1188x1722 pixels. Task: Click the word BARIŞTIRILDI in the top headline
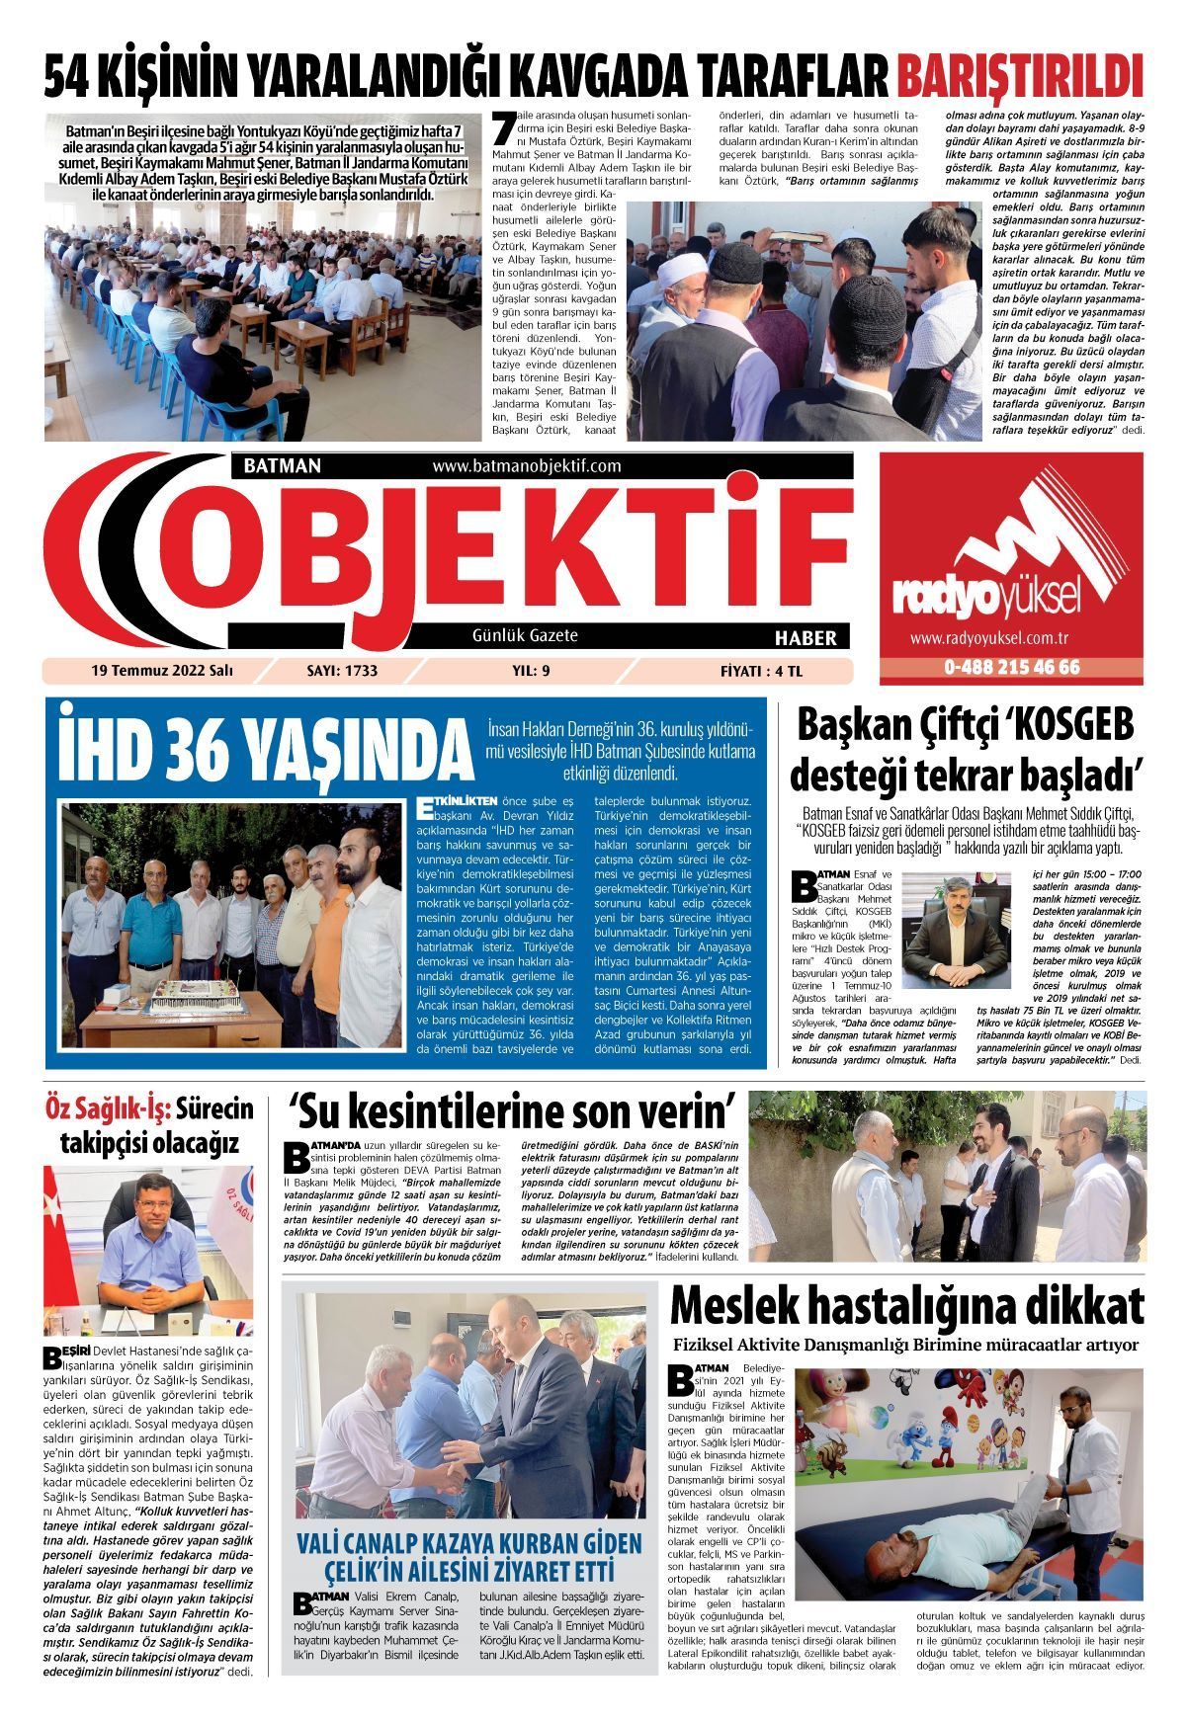click(x=1019, y=77)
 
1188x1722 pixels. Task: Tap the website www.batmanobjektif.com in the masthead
click(x=526, y=465)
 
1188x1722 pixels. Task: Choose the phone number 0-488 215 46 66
click(x=1011, y=667)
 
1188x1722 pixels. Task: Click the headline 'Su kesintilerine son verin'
click(x=513, y=1111)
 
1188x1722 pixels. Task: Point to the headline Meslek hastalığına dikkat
click(x=906, y=1307)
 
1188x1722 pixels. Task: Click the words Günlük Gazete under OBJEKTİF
click(x=525, y=635)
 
